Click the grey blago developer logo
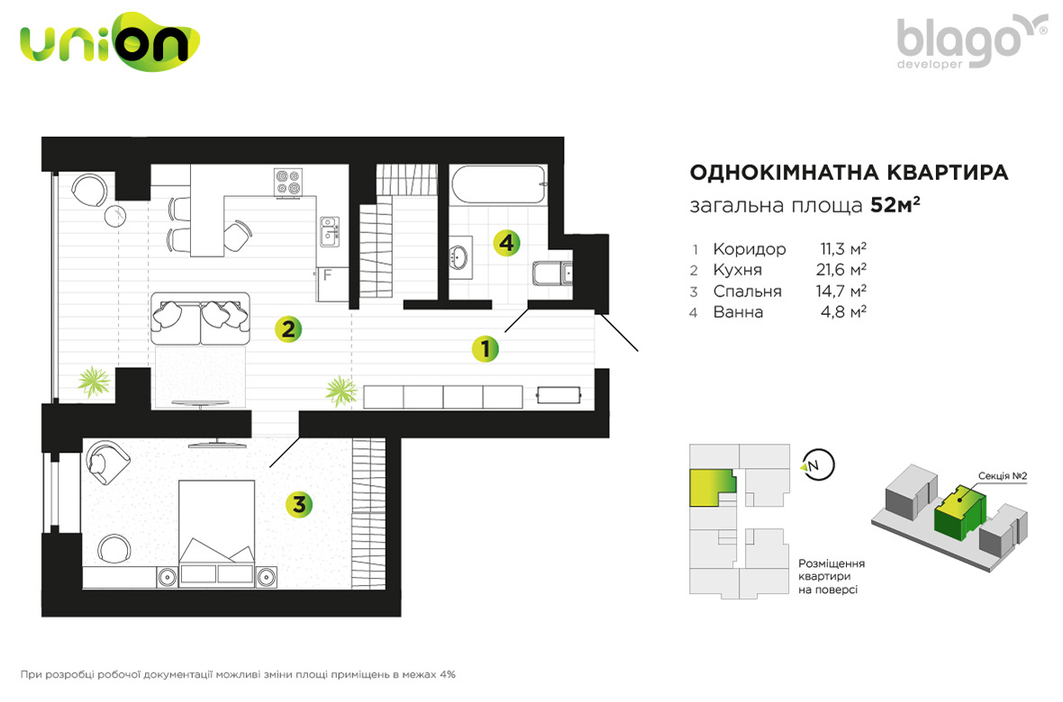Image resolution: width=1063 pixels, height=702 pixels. pos(971,41)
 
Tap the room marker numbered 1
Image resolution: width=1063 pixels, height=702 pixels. pos(486,349)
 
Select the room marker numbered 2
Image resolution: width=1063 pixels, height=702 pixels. pos(288,329)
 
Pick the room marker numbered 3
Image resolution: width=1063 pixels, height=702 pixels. pos(299,504)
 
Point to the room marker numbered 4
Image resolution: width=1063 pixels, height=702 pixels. pos(506,243)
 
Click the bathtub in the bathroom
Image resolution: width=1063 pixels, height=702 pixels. pos(498,184)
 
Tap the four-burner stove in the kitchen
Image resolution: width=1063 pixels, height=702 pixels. pos(287,182)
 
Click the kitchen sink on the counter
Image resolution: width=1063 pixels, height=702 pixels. pos(330,231)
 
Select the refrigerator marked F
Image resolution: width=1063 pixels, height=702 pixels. pos(332,283)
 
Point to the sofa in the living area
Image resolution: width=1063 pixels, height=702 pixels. pos(200,319)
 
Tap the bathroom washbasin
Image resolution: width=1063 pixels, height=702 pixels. pos(460,256)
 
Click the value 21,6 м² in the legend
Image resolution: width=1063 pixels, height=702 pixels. pos(841,270)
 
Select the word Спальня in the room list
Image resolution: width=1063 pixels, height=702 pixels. pos(747,292)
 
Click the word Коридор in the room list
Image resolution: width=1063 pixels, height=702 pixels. pos(750,249)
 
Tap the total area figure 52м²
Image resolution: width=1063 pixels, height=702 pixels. pos(895,204)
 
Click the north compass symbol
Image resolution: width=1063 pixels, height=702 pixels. pos(817,465)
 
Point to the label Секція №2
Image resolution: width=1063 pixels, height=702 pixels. pos(1002,476)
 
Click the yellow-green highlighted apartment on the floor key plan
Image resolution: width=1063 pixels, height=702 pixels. pos(711,488)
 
